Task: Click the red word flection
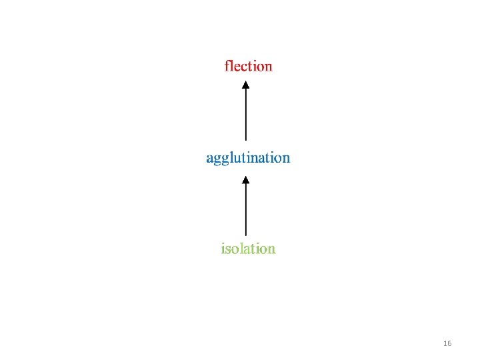(248, 66)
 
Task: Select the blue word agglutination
(248, 158)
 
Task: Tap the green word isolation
(248, 249)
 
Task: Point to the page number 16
(447, 343)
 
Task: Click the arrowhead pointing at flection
(245, 85)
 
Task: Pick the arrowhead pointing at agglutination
(245, 179)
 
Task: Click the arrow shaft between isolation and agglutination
(245, 209)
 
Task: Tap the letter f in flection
(227, 66)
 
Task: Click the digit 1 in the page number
(445, 343)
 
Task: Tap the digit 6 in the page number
(449, 343)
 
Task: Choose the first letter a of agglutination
(209, 159)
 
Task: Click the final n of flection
(268, 67)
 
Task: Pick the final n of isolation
(271, 249)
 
